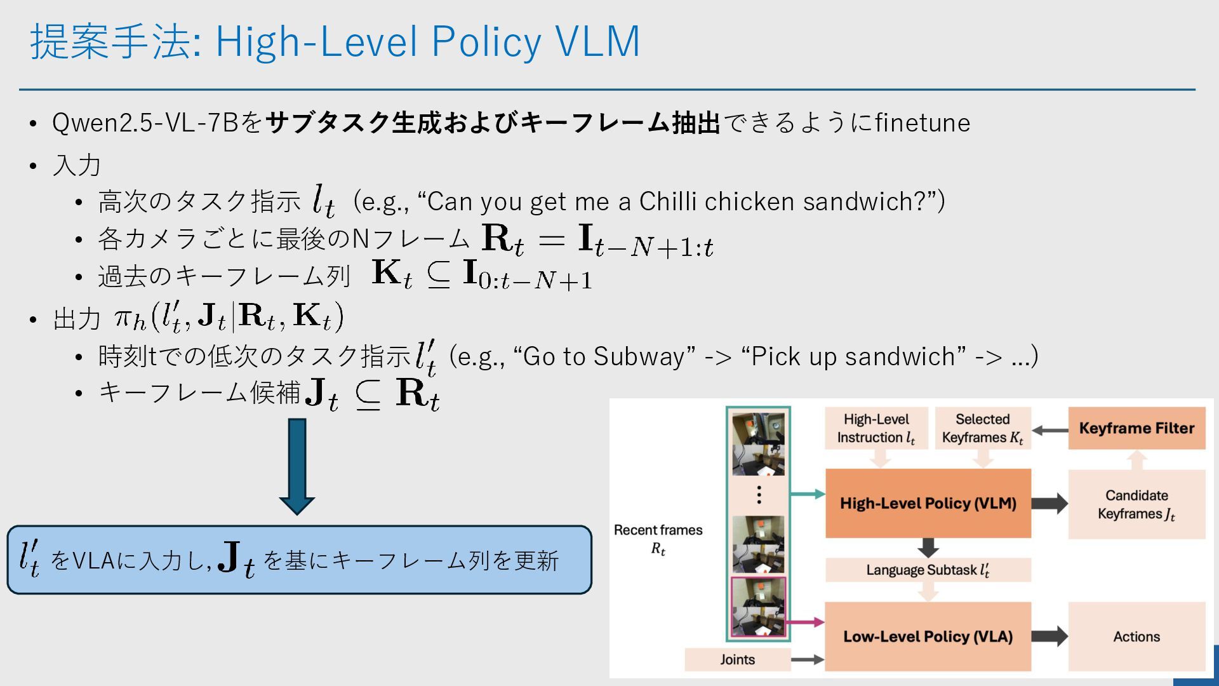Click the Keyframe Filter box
1136,428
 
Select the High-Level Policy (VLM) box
928,503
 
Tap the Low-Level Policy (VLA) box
928,636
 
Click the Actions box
1136,636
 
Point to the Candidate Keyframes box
1136,504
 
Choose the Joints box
737,659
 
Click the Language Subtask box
928,570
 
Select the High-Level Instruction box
876,428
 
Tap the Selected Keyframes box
982,428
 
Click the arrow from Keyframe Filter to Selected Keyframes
1049,430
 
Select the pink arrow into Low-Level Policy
804,622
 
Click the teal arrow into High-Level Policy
807,494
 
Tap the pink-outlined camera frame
758,607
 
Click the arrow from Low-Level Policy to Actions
1049,636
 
